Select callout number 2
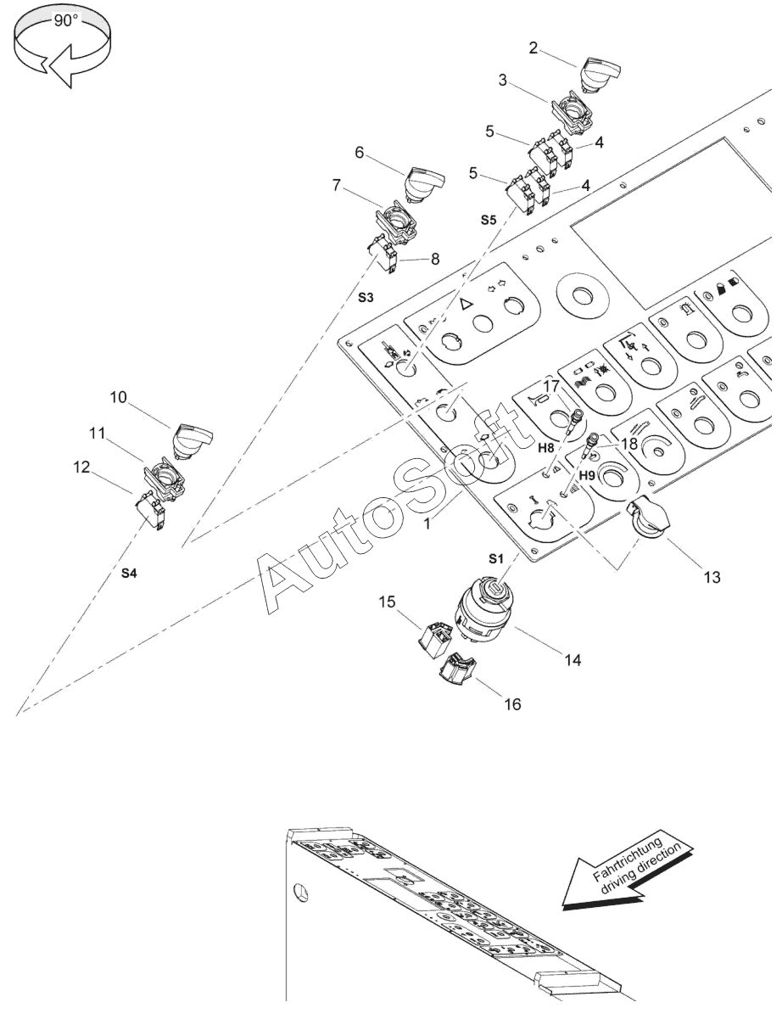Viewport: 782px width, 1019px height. coord(533,48)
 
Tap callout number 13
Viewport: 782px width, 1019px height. coord(712,577)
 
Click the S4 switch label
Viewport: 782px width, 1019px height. coord(129,573)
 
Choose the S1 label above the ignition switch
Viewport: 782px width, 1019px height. coord(495,558)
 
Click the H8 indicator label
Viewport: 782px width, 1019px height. coord(546,448)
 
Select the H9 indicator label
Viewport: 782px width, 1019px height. coord(587,475)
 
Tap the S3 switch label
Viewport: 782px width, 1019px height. coord(366,297)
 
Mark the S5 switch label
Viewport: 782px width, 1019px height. coord(489,220)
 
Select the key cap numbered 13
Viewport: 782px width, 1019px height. coord(649,518)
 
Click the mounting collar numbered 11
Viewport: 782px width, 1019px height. coord(164,479)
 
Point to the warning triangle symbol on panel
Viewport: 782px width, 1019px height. coord(466,305)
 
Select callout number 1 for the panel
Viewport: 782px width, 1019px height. coord(427,523)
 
